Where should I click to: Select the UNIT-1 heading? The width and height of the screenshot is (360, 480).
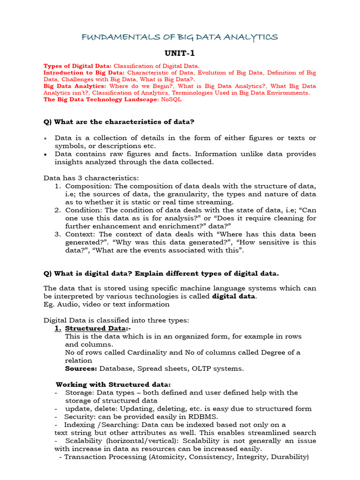180,53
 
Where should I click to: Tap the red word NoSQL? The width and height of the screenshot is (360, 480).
171,100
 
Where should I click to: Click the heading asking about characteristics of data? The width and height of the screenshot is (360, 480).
119,122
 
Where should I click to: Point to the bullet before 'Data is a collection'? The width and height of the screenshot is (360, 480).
45,138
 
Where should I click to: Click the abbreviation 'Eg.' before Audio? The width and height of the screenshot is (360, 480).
49,304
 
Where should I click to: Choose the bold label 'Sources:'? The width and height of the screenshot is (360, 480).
81,368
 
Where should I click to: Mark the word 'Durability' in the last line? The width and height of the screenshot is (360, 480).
288,457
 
